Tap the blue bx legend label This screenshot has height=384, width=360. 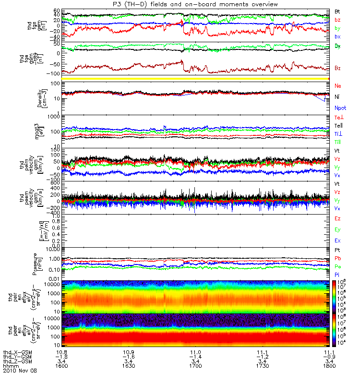coord(338,36)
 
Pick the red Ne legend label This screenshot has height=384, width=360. coord(338,85)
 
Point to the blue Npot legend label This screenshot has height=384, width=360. coord(340,108)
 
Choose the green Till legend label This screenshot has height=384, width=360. coord(339,142)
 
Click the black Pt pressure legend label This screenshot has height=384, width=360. coord(338,251)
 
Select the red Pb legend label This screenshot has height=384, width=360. coord(338,258)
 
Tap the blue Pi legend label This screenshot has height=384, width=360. coord(338,275)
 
